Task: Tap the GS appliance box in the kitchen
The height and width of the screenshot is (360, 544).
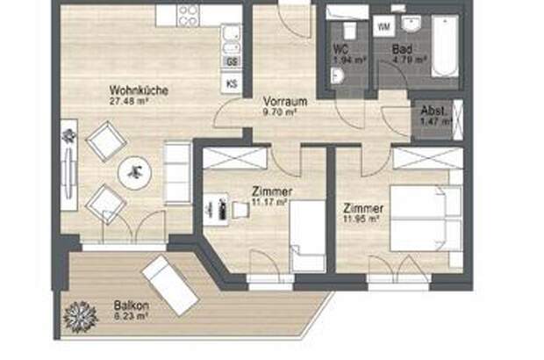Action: (x=232, y=61)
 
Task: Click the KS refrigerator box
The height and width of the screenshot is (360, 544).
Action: (x=232, y=83)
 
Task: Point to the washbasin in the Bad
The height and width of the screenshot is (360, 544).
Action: (x=411, y=24)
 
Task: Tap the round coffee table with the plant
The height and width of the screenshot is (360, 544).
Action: (x=136, y=173)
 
